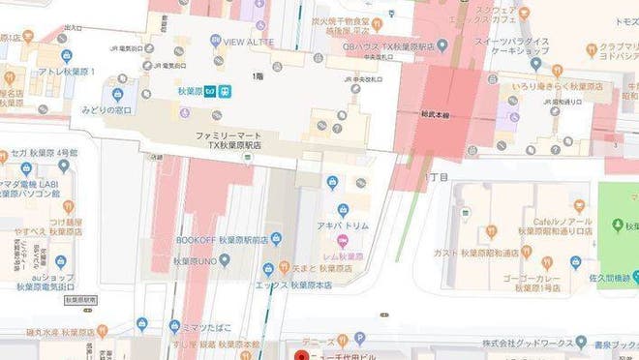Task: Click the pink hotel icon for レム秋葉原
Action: pos(342,240)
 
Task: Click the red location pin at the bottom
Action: pos(300,353)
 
